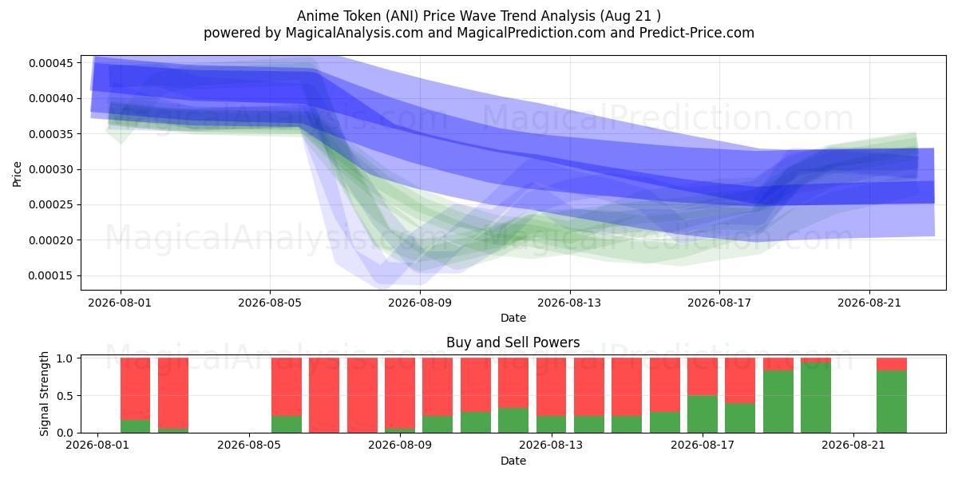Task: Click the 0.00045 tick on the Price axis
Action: coord(51,63)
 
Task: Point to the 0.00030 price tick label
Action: coord(51,170)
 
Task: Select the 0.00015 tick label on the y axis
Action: coord(51,276)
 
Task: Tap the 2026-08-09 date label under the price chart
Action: coord(420,303)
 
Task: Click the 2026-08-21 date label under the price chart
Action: coord(869,303)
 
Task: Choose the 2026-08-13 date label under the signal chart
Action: coord(551,445)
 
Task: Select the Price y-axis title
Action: coord(17,174)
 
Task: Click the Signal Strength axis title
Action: coord(44,394)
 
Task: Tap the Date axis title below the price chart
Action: coord(513,318)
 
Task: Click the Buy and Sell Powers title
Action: coord(513,342)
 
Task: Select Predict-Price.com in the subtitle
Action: coord(697,33)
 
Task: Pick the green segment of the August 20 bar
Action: coord(816,398)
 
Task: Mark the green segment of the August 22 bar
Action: coord(891,402)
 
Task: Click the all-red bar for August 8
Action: coord(362,395)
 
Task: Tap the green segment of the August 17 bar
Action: coord(703,414)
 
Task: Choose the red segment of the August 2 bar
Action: coord(135,389)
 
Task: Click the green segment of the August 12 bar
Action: coord(513,421)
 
